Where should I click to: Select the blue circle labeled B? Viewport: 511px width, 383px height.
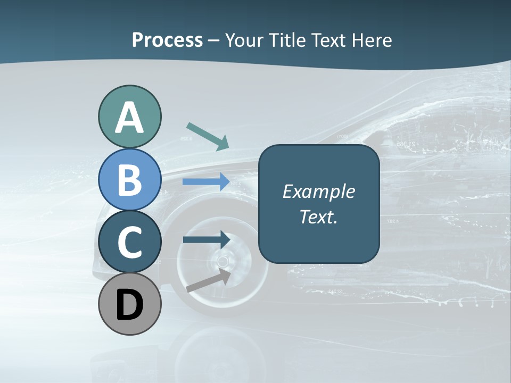[x=129, y=180]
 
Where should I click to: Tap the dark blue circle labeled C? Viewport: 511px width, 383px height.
[x=129, y=242]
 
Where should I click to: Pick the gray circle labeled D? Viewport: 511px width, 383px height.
[x=129, y=304]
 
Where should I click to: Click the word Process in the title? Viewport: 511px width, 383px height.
[x=167, y=40]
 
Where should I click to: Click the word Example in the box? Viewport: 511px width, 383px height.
[x=318, y=191]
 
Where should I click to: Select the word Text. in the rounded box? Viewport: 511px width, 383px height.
[x=318, y=217]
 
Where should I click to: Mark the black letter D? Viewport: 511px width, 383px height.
[x=129, y=305]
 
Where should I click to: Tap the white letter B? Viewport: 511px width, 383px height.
[x=129, y=180]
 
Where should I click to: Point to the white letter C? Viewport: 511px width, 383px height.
[x=129, y=242]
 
